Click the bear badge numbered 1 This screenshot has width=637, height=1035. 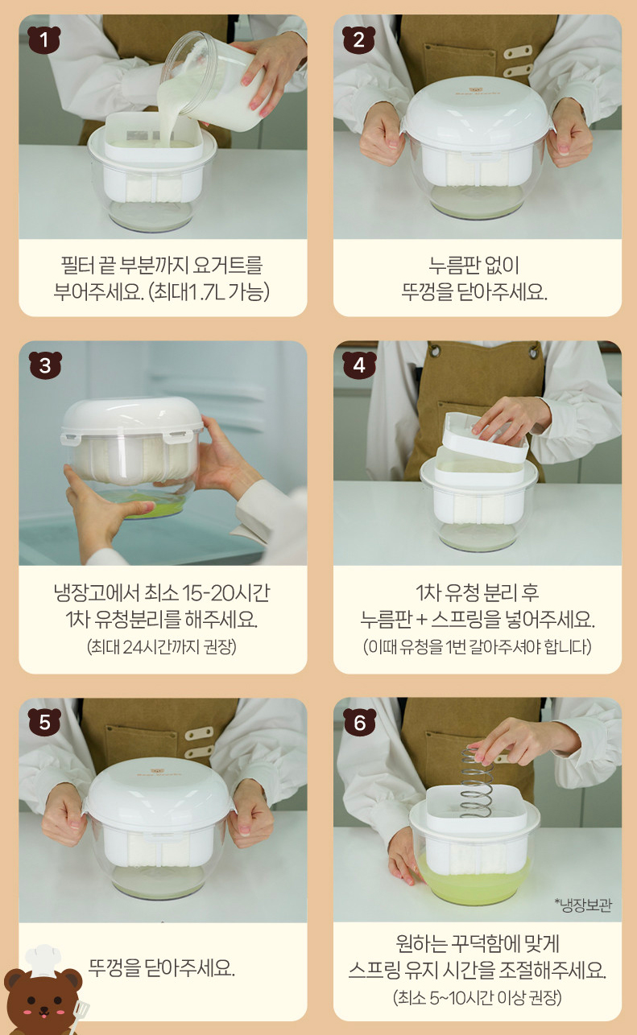(x=44, y=39)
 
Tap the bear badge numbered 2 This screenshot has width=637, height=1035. (x=358, y=39)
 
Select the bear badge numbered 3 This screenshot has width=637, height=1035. (x=45, y=365)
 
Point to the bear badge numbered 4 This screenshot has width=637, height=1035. (x=359, y=365)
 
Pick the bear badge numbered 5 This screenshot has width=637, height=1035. (x=44, y=722)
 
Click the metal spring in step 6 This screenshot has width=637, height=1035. (x=477, y=782)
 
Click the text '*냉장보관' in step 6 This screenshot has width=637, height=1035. (x=583, y=905)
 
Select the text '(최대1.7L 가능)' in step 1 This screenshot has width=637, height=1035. (x=209, y=292)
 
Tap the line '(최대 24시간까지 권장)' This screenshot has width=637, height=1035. (x=162, y=646)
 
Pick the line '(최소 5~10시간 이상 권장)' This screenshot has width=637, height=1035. (x=477, y=997)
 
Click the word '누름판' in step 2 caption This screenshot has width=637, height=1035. (x=449, y=266)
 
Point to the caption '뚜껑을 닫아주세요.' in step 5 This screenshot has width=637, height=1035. (x=162, y=967)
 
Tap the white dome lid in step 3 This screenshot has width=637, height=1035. (x=133, y=416)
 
